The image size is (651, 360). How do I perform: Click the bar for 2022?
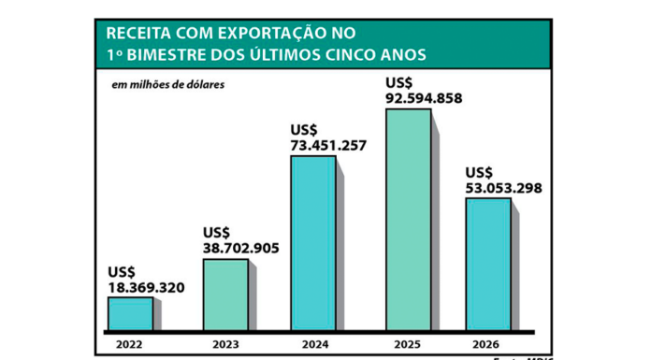click(130, 313)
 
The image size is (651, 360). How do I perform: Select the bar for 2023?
click(225, 295)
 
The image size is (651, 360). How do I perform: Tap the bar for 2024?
click(312, 243)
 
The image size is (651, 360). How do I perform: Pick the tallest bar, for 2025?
click(408, 220)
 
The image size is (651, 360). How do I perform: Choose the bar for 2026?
click(488, 264)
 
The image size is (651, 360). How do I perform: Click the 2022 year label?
click(130, 344)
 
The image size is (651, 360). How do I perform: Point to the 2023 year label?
click(225, 344)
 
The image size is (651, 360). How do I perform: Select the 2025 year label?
click(408, 344)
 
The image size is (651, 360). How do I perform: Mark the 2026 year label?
click(488, 344)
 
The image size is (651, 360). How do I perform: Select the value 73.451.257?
click(328, 145)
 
